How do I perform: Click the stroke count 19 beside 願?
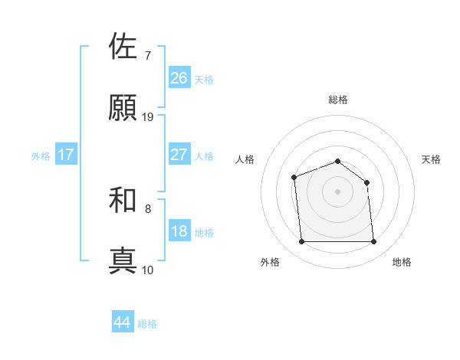click(148, 117)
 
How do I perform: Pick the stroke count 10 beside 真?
click(148, 270)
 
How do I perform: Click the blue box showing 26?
click(179, 78)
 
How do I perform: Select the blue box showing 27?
click(179, 155)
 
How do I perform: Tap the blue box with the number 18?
click(179, 231)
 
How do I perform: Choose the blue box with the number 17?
click(66, 155)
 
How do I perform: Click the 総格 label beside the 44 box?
click(147, 324)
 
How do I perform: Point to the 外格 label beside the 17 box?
click(41, 156)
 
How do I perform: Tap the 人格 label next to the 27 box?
click(204, 156)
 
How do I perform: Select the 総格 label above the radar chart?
click(337, 100)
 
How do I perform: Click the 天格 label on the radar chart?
click(431, 159)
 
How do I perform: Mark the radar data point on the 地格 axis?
click(373, 242)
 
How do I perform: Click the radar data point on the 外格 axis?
click(301, 242)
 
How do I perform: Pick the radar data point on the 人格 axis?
click(294, 178)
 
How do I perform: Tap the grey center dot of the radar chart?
click(337, 191)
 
